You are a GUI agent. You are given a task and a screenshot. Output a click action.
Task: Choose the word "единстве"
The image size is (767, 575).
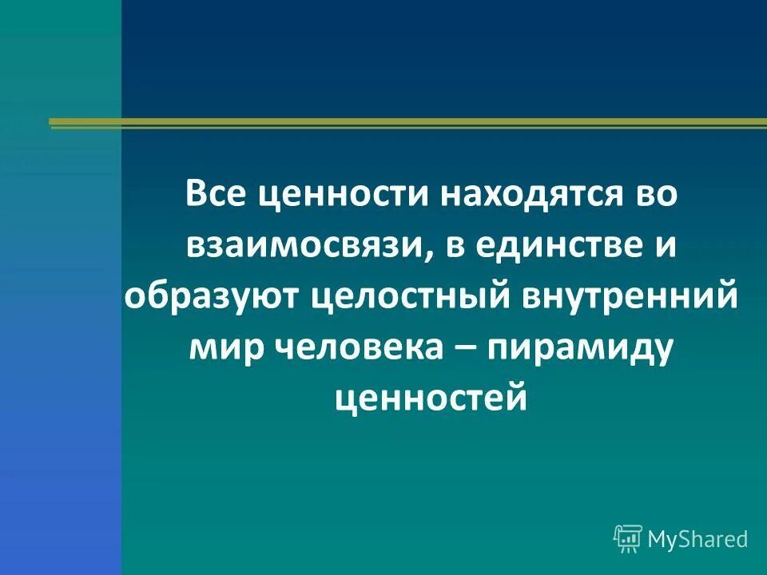click(x=551, y=245)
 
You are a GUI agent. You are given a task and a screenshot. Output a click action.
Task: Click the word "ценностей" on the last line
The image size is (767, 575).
click(x=431, y=397)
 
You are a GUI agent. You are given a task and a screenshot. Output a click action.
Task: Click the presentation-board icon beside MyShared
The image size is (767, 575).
click(x=628, y=539)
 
